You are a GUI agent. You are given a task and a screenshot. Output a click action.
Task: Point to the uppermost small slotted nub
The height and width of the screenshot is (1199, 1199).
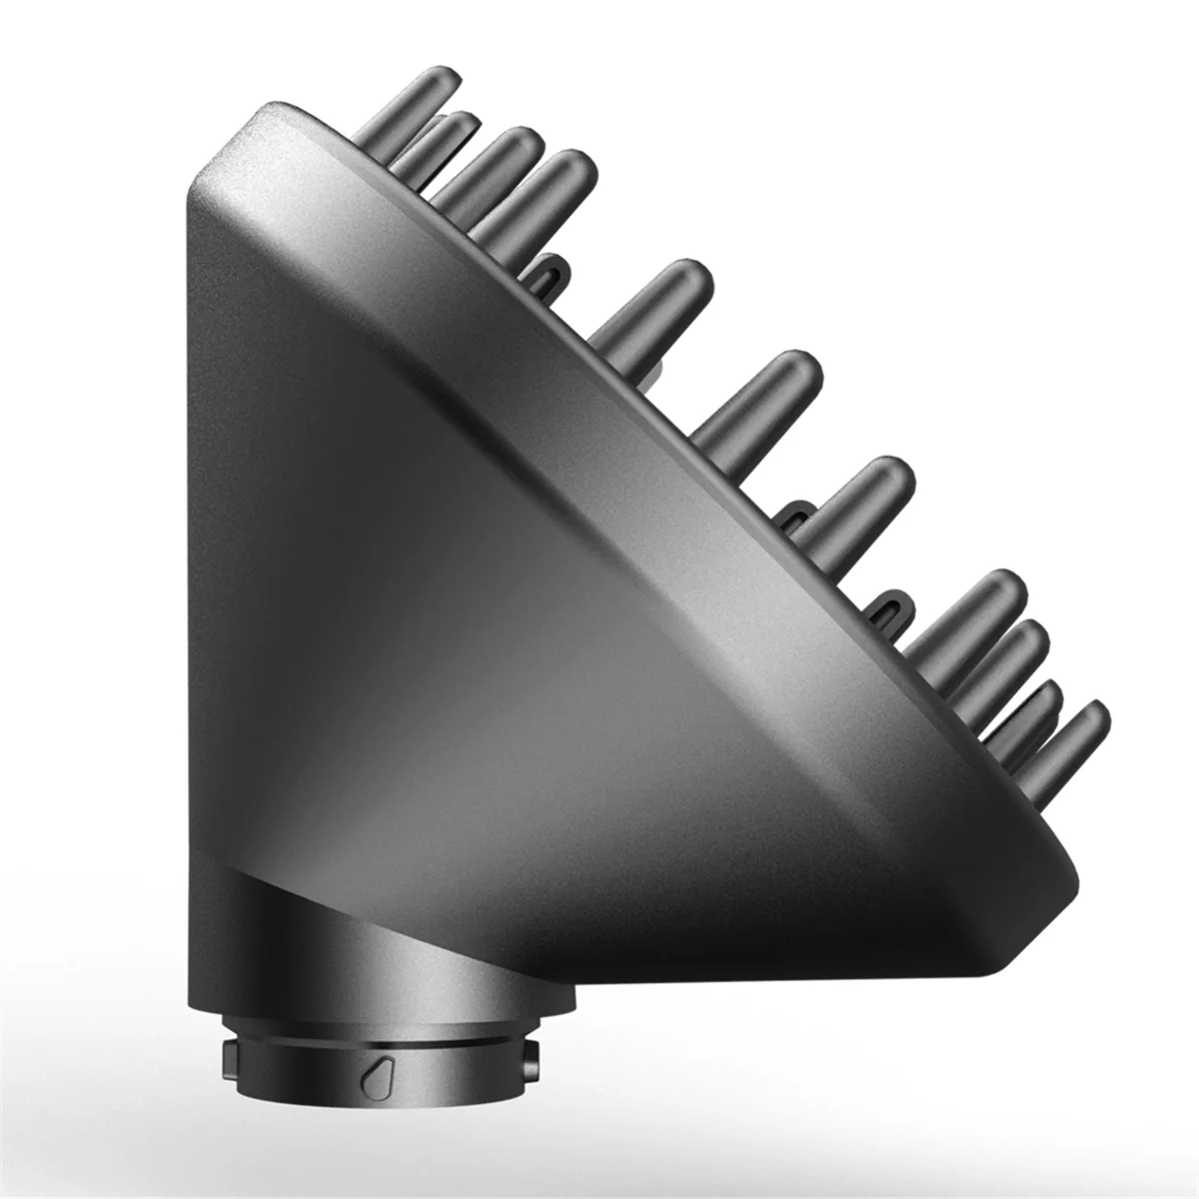click(547, 273)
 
